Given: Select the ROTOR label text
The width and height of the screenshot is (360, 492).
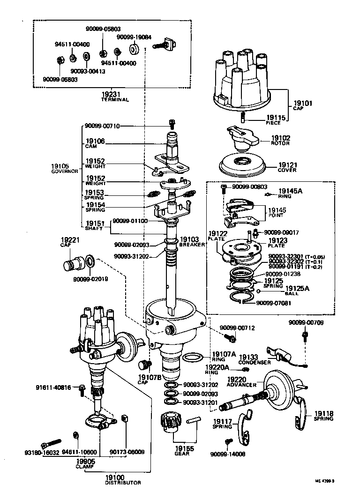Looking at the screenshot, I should [281, 143].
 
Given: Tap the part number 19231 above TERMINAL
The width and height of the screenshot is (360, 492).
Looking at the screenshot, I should [110, 94].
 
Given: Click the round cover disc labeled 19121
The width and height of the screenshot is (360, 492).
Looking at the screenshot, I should [243, 165].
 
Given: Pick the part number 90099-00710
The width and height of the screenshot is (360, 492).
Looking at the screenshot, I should [102, 126].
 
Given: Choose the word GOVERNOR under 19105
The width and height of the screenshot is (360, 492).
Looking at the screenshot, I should [64, 171].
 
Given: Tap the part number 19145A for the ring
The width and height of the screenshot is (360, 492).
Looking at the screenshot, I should [290, 191].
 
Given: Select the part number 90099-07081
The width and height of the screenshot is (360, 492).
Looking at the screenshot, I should [274, 303].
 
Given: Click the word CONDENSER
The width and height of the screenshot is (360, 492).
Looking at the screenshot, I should [255, 362].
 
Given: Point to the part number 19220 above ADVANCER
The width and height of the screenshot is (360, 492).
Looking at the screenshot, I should [237, 379].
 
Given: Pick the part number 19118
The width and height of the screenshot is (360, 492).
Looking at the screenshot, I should [323, 413].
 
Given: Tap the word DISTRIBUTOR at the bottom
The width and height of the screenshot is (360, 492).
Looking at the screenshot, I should [123, 482].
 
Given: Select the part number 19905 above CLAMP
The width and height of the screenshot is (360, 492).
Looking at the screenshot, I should [85, 461].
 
